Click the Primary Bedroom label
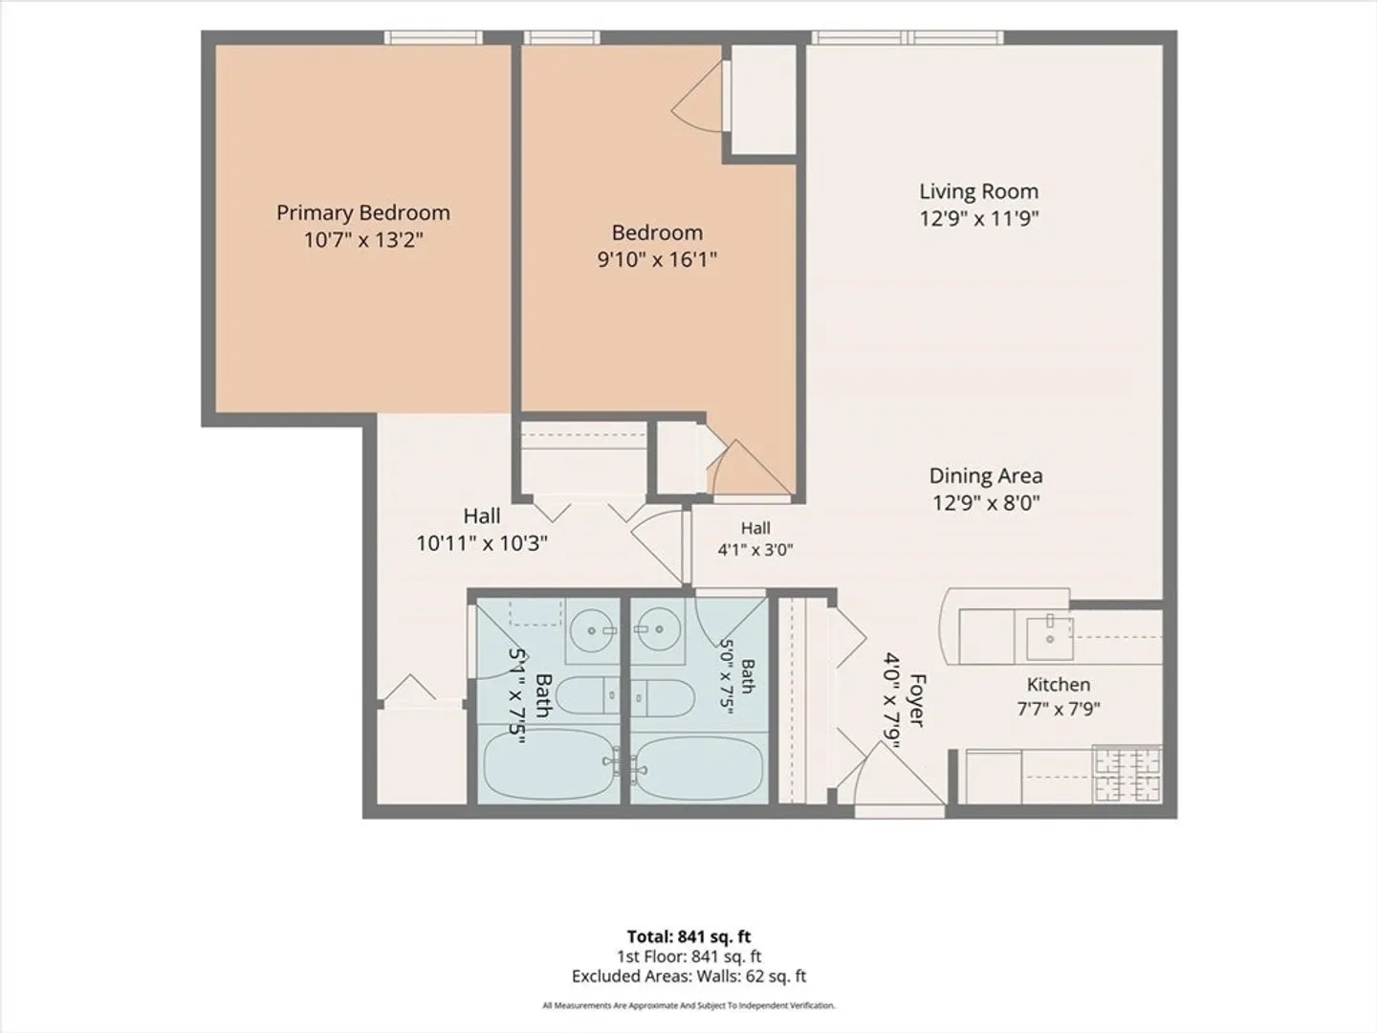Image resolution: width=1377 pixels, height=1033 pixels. pyautogui.click(x=363, y=212)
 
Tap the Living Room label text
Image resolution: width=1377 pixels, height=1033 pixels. pyautogui.click(x=978, y=191)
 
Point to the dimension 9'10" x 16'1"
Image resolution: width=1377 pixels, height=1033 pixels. pyautogui.click(x=657, y=259)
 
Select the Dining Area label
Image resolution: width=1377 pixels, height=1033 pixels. pyautogui.click(x=986, y=475)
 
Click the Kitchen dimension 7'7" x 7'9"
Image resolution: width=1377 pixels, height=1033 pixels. pyautogui.click(x=1059, y=709)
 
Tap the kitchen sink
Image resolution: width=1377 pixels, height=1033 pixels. pyautogui.click(x=1050, y=638)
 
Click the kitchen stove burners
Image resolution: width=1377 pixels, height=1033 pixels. pyautogui.click(x=1127, y=774)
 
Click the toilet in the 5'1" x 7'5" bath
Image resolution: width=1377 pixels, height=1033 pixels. pyautogui.click(x=586, y=695)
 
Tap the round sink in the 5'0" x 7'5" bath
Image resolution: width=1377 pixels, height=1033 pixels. pyautogui.click(x=659, y=629)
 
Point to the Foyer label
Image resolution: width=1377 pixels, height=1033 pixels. pyautogui.click(x=917, y=700)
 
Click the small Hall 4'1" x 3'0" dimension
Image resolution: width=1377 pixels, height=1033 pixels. pyautogui.click(x=755, y=550)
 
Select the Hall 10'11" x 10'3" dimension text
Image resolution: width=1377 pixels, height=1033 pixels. pyautogui.click(x=482, y=543)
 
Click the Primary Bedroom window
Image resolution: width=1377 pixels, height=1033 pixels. pyautogui.click(x=433, y=37)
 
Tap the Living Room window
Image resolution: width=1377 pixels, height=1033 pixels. pyautogui.click(x=907, y=37)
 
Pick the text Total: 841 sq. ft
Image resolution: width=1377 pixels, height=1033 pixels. pyautogui.click(x=688, y=936)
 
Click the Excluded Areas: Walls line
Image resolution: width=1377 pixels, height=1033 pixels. pyautogui.click(x=688, y=977)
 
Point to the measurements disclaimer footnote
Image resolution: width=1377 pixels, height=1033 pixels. pyautogui.click(x=688, y=1005)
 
